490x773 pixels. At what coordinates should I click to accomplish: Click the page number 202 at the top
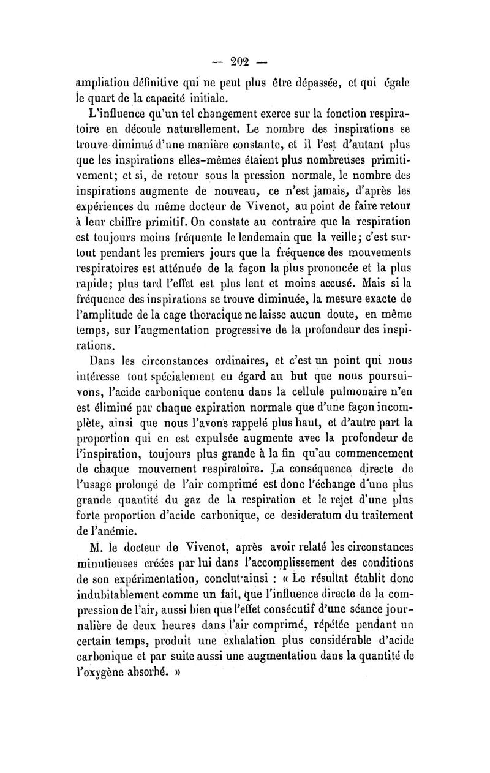click(x=244, y=61)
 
